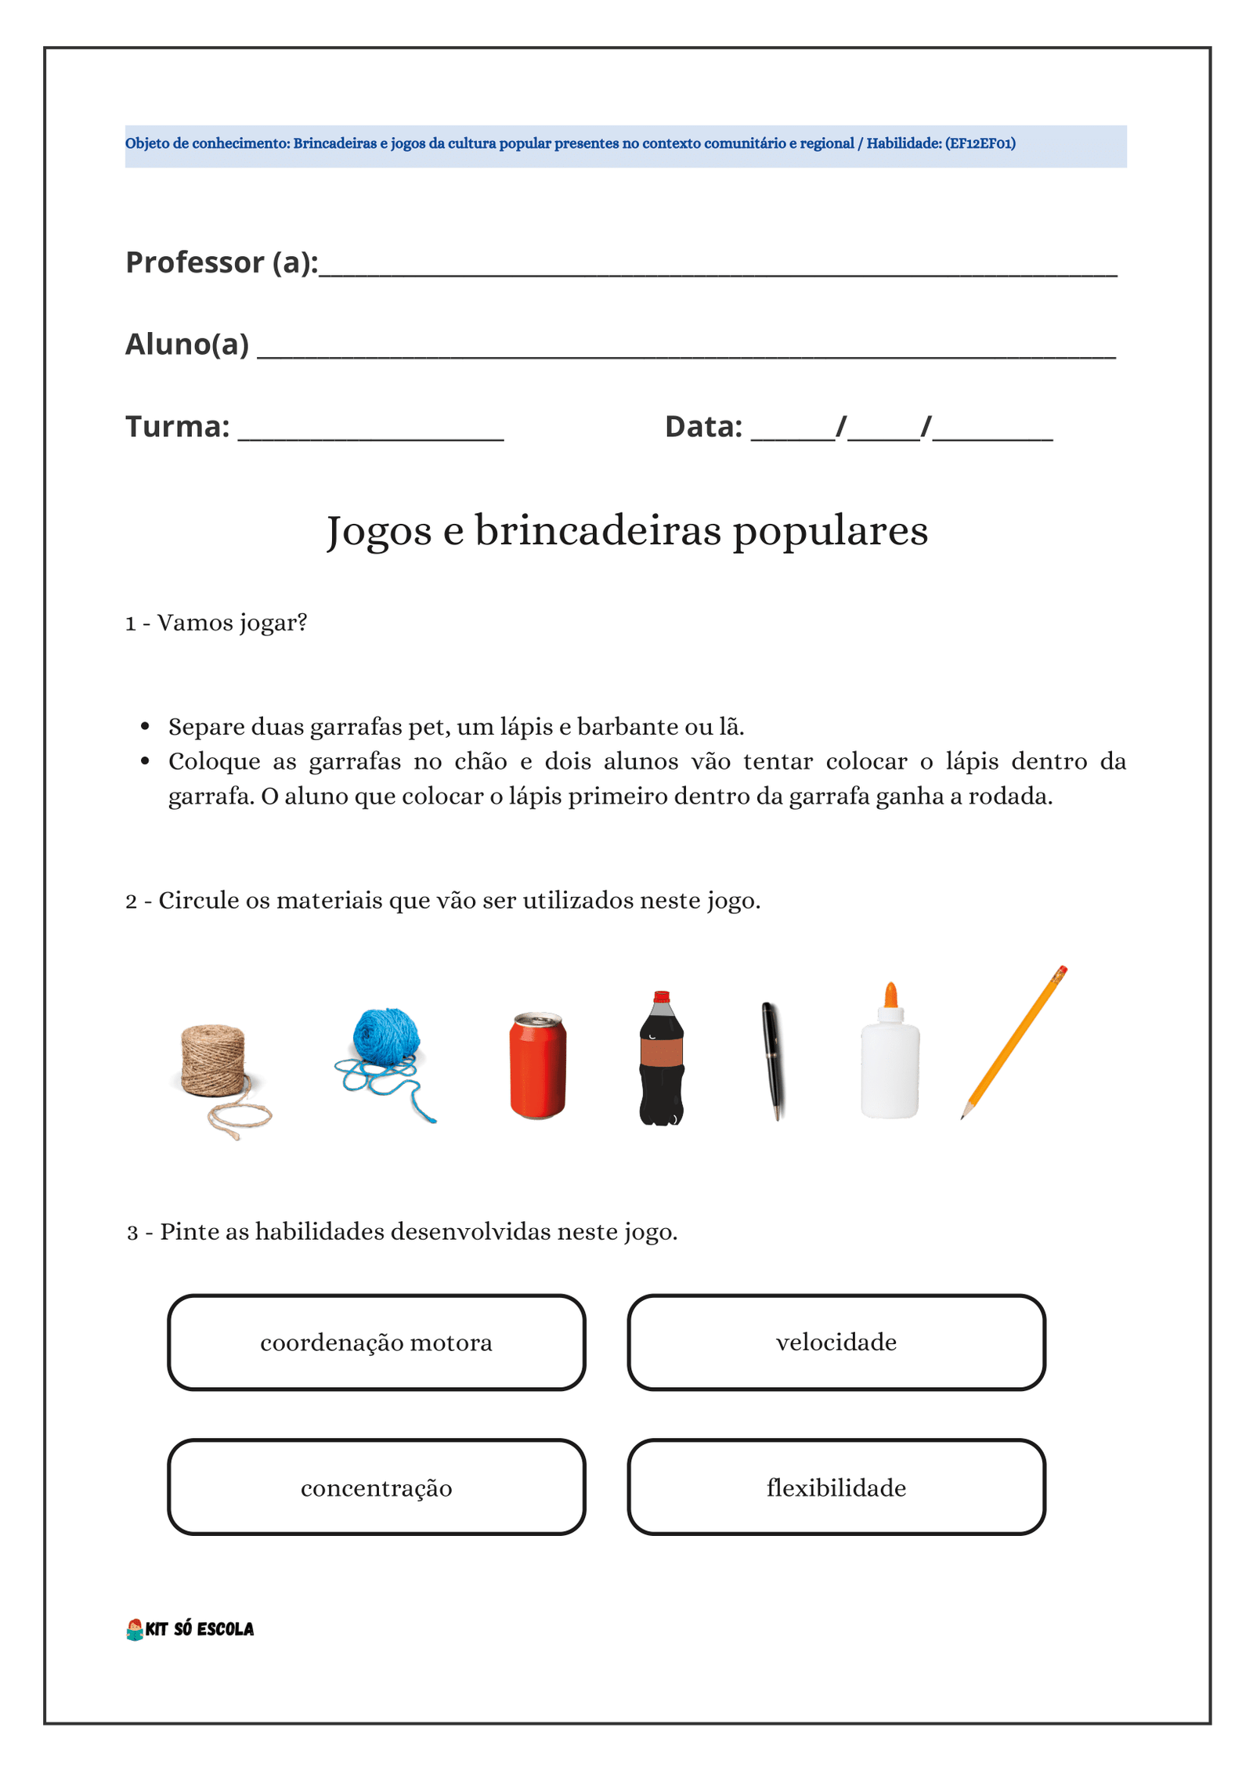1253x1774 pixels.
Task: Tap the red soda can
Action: click(x=537, y=1065)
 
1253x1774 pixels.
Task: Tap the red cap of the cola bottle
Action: click(x=662, y=997)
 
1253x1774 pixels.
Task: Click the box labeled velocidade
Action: click(x=836, y=1342)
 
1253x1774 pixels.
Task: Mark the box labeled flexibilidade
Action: click(x=836, y=1487)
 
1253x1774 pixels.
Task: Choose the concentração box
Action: click(x=376, y=1487)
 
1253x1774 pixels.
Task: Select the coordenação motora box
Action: click(x=376, y=1342)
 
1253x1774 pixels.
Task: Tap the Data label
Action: click(x=702, y=427)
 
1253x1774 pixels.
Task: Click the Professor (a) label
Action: click(x=222, y=262)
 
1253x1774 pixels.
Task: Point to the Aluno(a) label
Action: click(x=187, y=345)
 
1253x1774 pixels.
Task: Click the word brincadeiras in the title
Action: click(x=598, y=531)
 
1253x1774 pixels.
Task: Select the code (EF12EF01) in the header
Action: click(x=980, y=143)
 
